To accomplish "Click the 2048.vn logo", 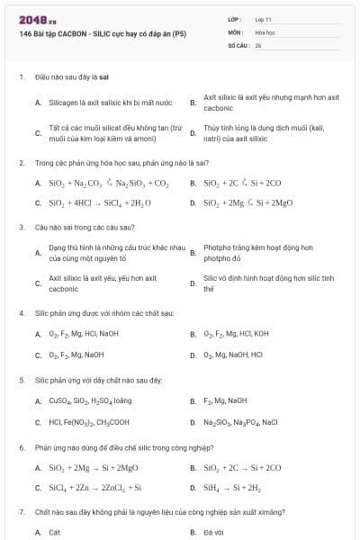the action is pyautogui.click(x=32, y=18).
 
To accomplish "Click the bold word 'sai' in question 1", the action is pyautogui.click(x=104, y=77).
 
